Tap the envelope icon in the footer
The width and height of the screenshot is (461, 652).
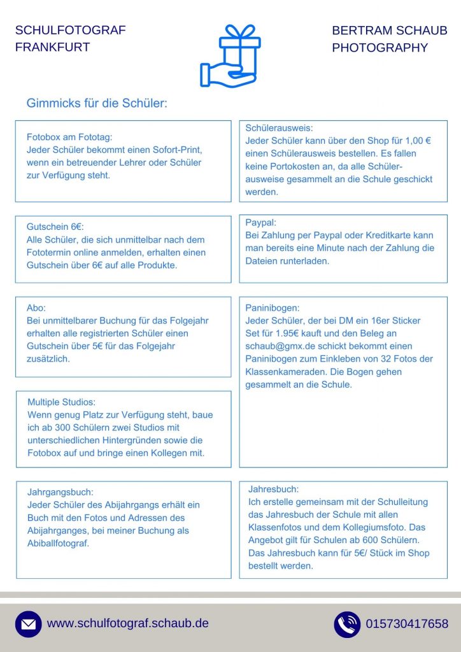28,625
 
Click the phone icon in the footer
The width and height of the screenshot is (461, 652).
347,625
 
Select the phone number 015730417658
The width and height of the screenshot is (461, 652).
407,624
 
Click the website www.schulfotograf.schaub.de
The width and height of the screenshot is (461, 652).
128,623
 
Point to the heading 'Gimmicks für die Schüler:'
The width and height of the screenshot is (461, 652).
97,103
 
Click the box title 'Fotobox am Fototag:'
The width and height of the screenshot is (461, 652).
69,137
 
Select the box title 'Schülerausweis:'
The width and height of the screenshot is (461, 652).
279,128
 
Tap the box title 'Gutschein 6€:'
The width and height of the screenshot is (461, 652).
55,227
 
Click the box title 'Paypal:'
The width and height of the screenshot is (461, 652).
260,222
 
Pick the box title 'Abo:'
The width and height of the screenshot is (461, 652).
36,308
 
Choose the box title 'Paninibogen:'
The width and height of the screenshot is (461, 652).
272,308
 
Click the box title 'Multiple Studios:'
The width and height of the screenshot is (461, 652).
61,402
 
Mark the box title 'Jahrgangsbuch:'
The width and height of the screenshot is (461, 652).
60,492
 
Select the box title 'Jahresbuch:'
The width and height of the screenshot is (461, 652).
273,489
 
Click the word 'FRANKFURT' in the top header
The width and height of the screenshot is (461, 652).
52,47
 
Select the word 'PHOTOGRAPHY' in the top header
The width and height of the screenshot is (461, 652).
379,48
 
